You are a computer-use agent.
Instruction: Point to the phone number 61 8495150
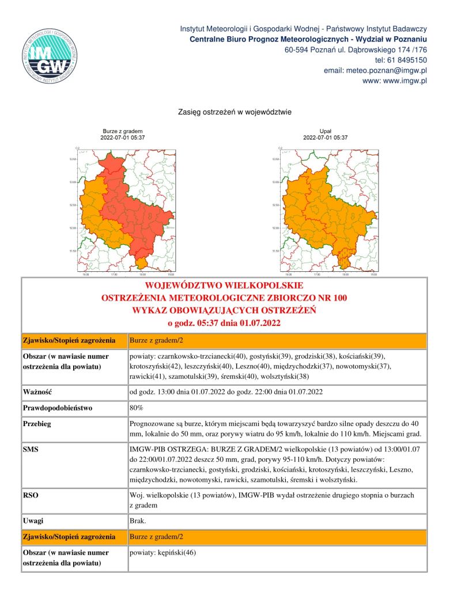click(x=408, y=60)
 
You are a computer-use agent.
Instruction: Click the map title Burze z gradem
click(x=122, y=132)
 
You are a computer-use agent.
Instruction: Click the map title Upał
click(x=325, y=132)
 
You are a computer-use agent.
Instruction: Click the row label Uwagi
click(x=33, y=521)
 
